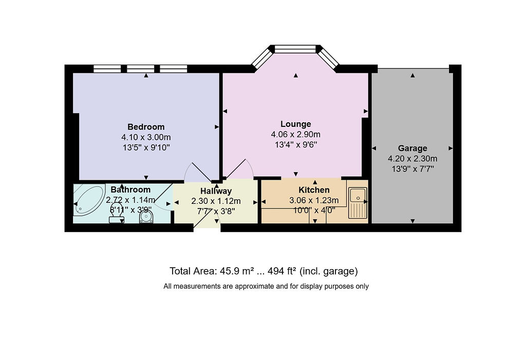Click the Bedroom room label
(x=146, y=127)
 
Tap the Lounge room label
(x=295, y=124)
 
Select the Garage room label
(x=412, y=148)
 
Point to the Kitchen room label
(x=314, y=190)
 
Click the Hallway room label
(x=216, y=191)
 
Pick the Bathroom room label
(x=130, y=190)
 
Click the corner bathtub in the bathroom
(x=89, y=199)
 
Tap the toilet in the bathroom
(x=117, y=213)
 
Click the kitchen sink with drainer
(x=358, y=203)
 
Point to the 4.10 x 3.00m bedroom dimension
(x=146, y=137)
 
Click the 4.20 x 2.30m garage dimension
(x=412, y=159)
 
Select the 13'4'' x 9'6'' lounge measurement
(x=295, y=145)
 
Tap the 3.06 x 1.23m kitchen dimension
(x=314, y=201)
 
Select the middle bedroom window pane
(x=141, y=69)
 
